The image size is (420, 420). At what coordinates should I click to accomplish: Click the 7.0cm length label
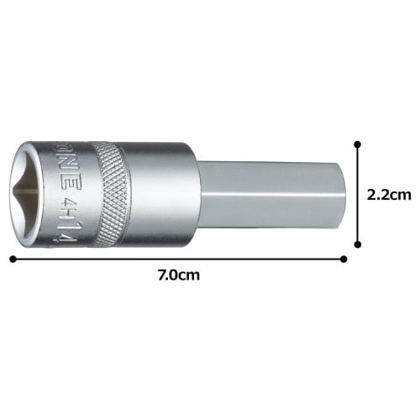click(x=179, y=275)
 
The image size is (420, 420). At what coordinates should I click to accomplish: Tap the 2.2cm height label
click(x=389, y=194)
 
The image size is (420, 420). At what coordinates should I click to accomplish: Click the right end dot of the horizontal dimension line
click(x=343, y=259)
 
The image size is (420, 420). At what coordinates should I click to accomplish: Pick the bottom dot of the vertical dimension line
click(x=358, y=244)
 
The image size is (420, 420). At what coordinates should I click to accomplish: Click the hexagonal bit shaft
click(x=269, y=195)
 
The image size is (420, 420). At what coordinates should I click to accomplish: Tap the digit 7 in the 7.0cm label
click(x=162, y=275)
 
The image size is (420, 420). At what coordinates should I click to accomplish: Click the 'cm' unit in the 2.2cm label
click(x=401, y=194)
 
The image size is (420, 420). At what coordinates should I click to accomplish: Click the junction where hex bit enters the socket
click(x=198, y=195)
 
